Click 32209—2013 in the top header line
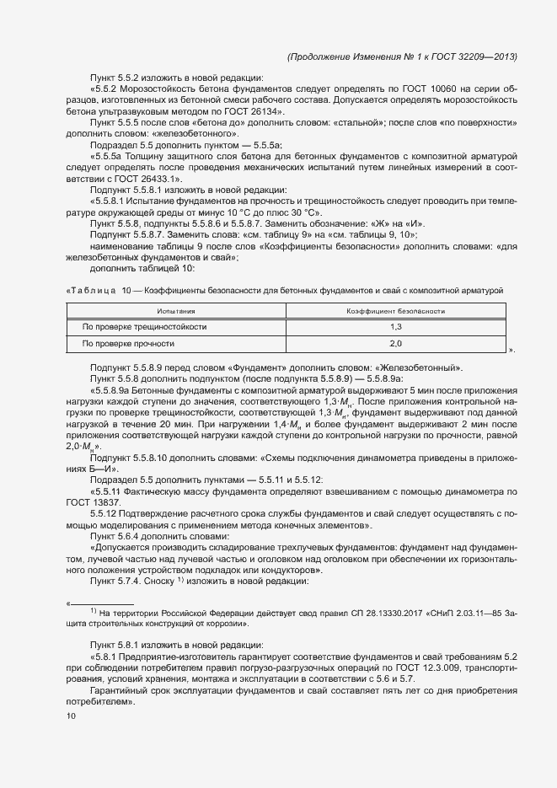[490, 56]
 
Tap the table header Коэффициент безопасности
[396, 312]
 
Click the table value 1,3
[396, 326]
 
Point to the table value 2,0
[396, 344]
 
